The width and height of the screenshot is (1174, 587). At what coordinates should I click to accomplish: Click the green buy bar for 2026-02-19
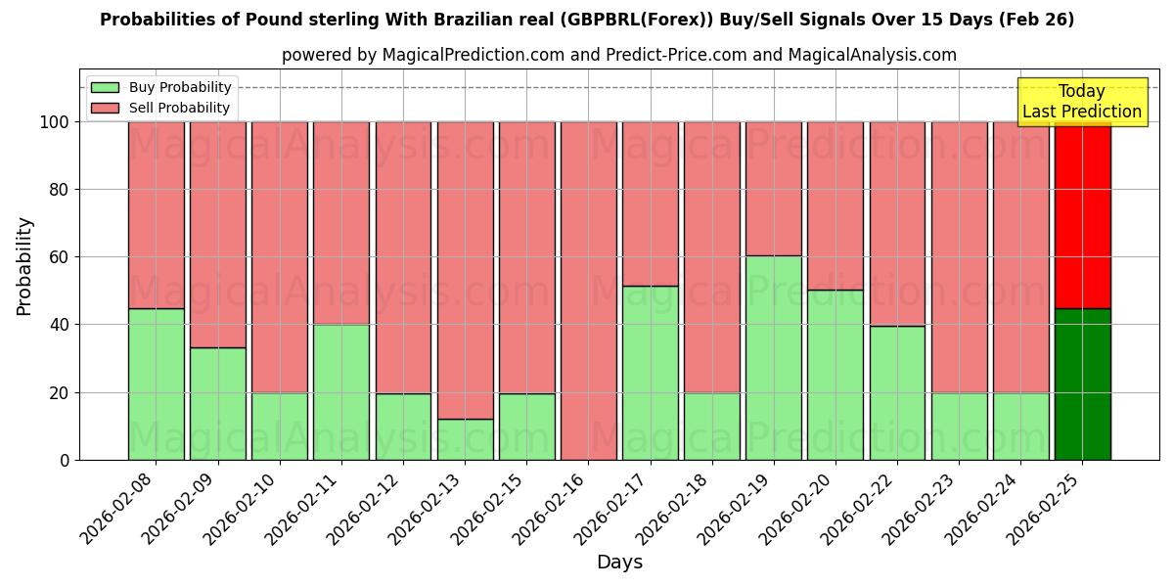click(x=773, y=357)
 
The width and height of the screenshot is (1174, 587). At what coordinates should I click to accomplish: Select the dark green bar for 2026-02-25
click(x=1082, y=384)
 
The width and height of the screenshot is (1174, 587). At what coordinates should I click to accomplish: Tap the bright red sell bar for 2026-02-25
click(x=1082, y=215)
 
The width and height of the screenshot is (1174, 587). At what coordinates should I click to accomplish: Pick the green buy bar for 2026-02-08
click(x=156, y=384)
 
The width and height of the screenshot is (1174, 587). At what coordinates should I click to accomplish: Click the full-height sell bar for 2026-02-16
click(x=588, y=291)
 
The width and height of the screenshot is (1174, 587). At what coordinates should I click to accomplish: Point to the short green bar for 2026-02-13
click(x=465, y=439)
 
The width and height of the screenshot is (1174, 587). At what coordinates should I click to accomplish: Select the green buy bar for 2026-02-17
click(x=650, y=373)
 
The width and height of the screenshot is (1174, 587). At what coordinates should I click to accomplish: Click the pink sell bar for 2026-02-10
click(x=279, y=256)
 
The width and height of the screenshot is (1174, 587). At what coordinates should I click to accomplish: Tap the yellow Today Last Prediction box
click(x=1081, y=102)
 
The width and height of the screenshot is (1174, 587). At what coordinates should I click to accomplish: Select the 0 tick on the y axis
click(x=65, y=460)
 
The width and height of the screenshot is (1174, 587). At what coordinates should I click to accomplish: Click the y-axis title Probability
click(x=24, y=265)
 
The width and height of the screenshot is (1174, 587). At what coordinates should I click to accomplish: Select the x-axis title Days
click(x=619, y=563)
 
